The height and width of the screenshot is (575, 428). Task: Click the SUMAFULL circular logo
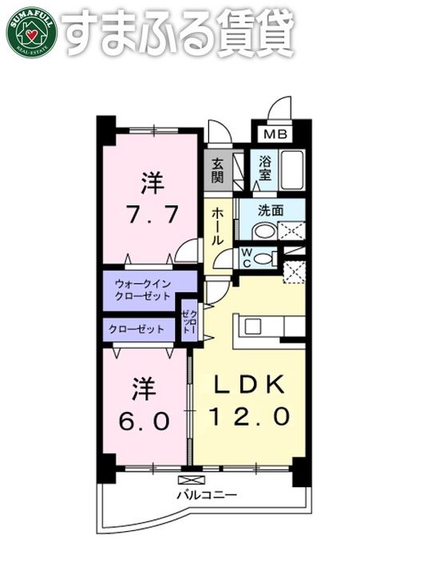(31, 31)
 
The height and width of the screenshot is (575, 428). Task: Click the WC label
(248, 257)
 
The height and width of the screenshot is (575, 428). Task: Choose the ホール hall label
(217, 224)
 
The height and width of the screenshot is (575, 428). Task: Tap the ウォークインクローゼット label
(143, 290)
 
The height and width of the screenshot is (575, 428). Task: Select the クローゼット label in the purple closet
(137, 328)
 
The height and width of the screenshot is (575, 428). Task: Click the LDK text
(248, 385)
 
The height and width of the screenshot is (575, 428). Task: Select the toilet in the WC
(267, 257)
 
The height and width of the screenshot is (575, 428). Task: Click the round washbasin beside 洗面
(263, 232)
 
